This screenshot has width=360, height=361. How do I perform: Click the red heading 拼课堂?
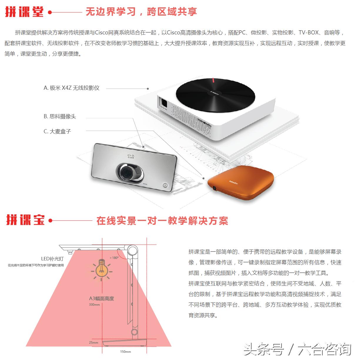24,12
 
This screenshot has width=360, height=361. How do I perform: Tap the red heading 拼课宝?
26,220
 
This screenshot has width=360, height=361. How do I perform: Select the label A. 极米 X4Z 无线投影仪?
71,88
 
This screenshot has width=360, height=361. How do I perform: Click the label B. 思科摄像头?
60,117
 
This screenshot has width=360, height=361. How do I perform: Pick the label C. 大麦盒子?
57,132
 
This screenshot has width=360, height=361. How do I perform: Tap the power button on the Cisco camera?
165,185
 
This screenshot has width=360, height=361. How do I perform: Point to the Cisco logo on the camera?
131,156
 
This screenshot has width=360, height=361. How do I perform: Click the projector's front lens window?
164,103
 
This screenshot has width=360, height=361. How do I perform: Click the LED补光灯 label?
52,259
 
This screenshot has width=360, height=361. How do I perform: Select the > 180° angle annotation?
114,258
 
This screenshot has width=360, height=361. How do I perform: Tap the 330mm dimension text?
94,305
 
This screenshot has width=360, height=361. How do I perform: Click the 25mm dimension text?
93,342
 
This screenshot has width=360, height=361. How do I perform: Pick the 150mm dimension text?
125,352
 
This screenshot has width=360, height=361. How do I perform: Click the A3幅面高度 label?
101,298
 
